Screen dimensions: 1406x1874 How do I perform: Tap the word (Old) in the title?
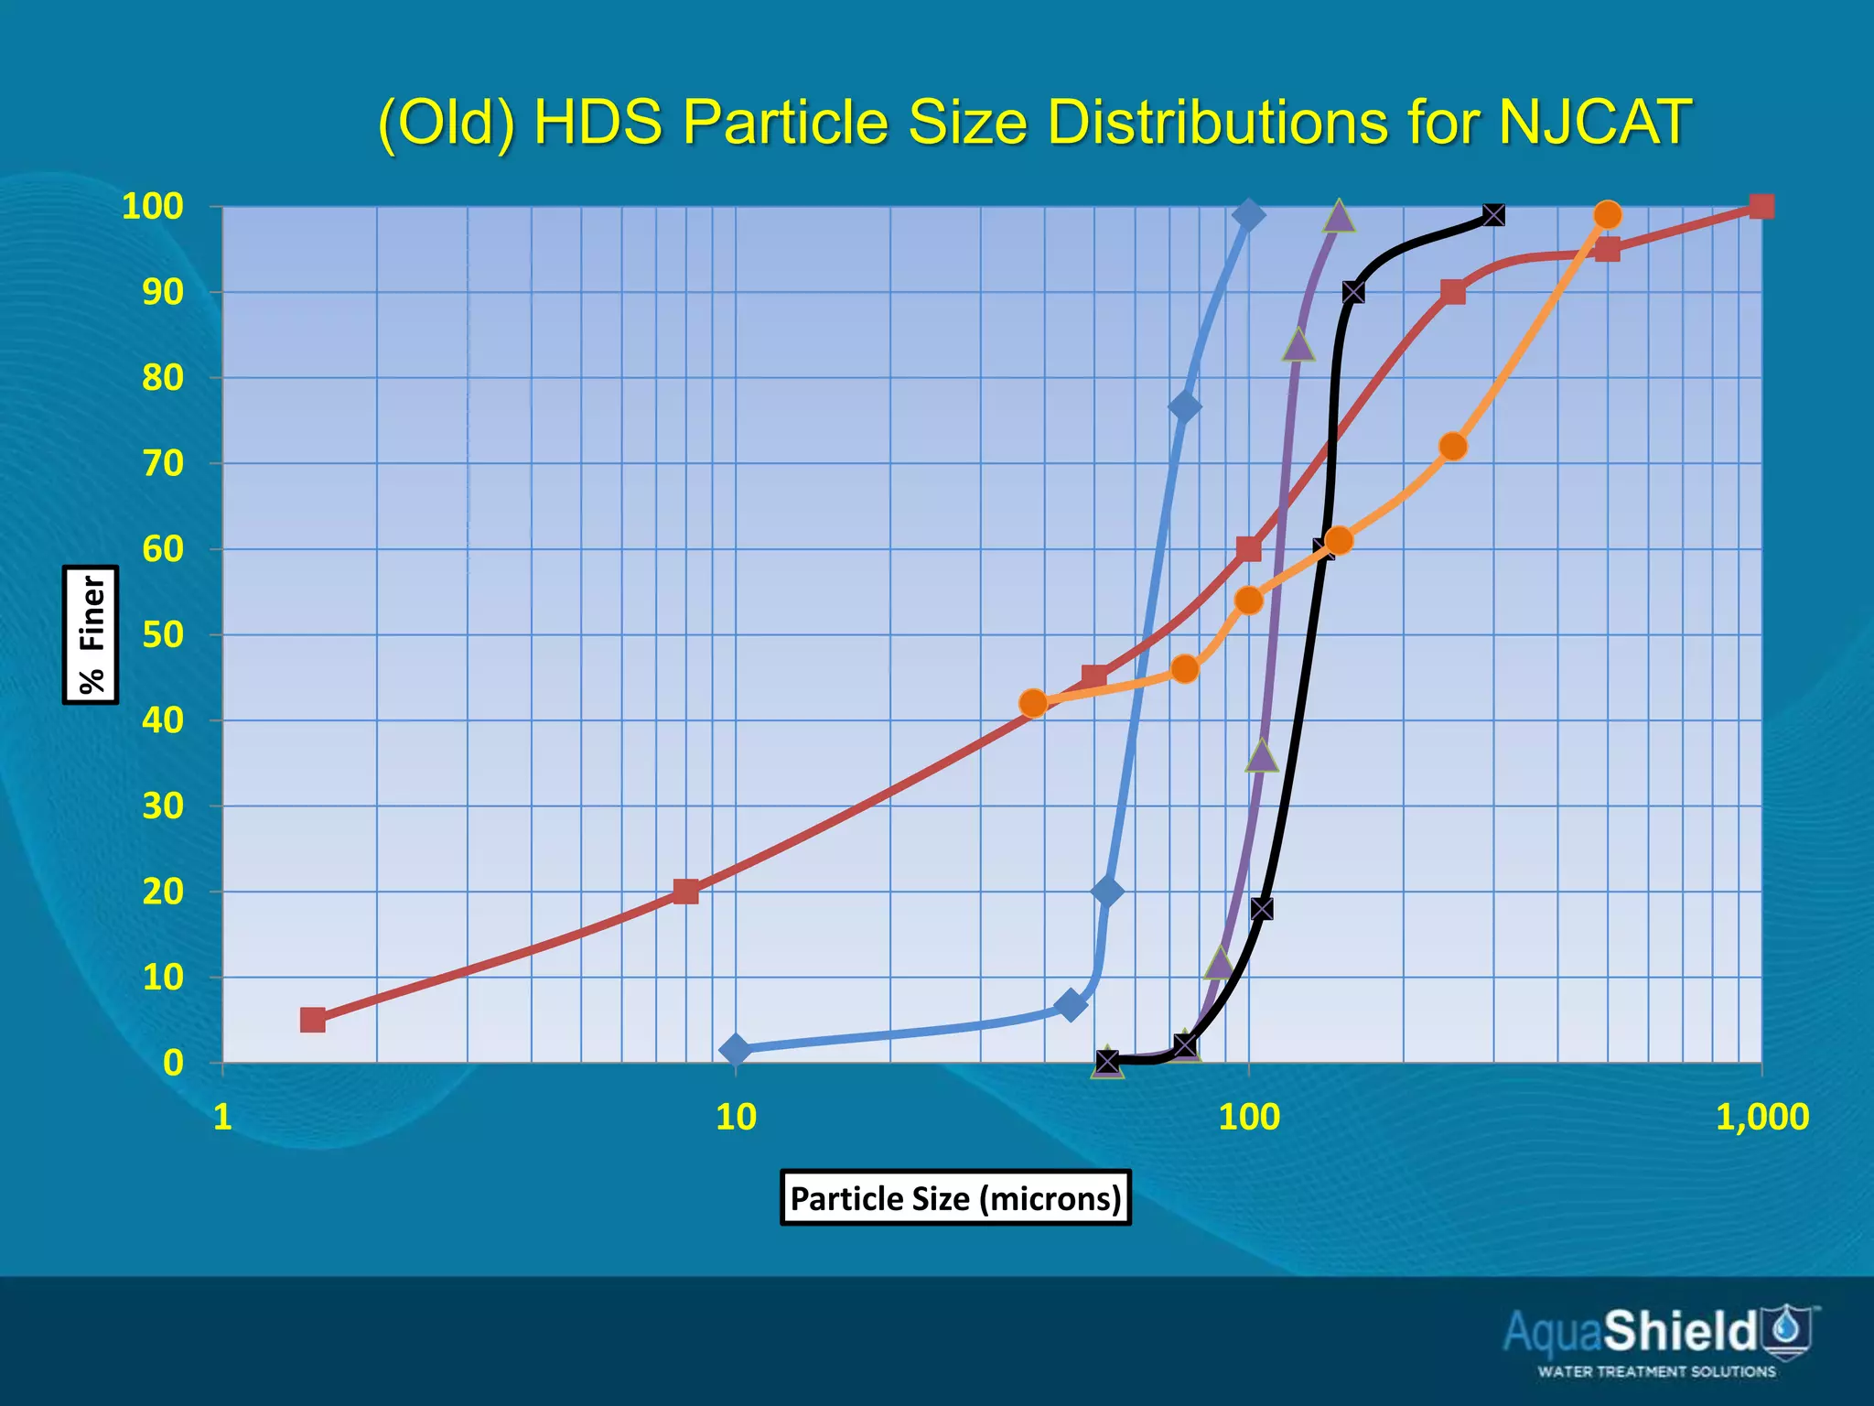coord(446,124)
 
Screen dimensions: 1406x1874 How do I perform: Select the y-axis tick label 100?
coord(153,207)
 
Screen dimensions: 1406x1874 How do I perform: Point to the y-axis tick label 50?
coord(163,634)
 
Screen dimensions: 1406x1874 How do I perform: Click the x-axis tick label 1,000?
coord(1761,1118)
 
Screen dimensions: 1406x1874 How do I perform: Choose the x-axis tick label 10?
coord(736,1118)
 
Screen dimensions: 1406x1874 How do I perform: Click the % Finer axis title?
coord(91,634)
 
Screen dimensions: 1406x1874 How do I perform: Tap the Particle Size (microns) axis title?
coord(955,1197)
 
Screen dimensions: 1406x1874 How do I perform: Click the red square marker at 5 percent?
coord(313,1020)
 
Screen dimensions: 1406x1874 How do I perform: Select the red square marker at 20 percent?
coord(685,892)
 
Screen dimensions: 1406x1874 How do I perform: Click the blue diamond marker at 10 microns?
coord(735,1050)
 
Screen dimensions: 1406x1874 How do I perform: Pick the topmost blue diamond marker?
coord(1248,215)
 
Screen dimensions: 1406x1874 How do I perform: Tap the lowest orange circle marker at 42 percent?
coord(1033,703)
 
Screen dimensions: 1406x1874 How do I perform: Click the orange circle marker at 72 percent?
coord(1453,447)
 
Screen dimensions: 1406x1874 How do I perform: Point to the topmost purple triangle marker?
coord(1339,216)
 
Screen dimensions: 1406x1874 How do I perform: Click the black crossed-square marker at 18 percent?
coord(1262,909)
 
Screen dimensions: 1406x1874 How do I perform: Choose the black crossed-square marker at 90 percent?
coord(1353,292)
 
